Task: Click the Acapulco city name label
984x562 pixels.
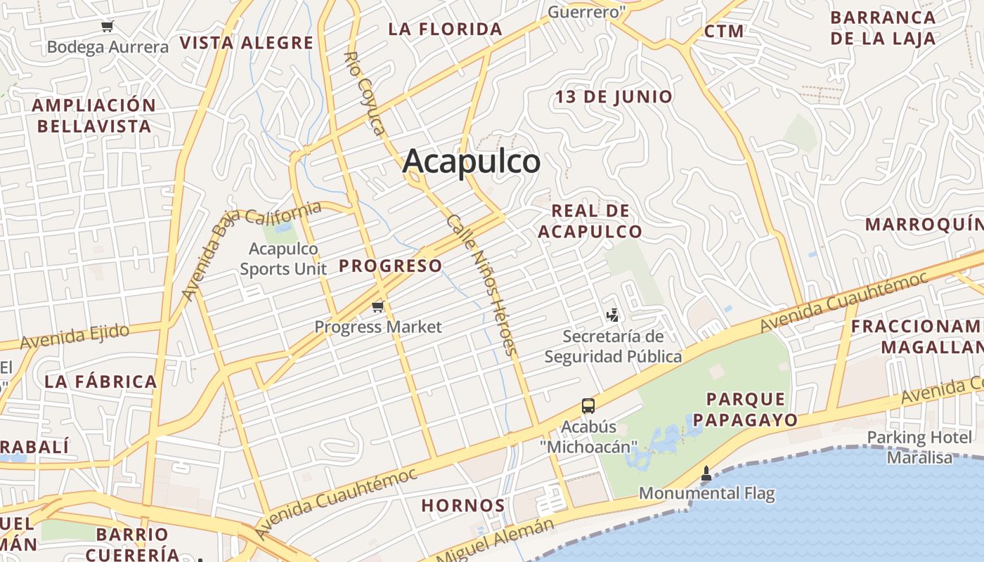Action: coord(472,161)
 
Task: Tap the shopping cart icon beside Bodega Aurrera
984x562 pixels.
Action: coord(107,27)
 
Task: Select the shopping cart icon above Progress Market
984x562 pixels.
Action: coord(378,306)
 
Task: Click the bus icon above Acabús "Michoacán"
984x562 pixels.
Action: coord(588,406)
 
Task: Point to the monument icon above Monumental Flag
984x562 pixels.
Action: coord(706,474)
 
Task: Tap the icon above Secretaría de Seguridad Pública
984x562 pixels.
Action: coord(613,315)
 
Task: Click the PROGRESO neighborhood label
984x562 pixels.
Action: coord(391,266)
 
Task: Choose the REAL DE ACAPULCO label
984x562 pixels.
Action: coord(590,221)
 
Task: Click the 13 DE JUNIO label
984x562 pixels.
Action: coord(614,96)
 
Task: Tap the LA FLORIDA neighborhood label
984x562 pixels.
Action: coord(446,30)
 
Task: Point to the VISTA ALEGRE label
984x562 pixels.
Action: coord(246,43)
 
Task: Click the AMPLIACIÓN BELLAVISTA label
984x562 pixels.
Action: coord(94,116)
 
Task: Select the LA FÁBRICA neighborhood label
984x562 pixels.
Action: coord(101,381)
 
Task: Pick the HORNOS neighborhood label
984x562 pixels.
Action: coord(463,505)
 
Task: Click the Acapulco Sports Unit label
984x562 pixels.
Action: coord(284,259)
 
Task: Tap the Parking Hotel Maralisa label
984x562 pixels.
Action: coord(919,447)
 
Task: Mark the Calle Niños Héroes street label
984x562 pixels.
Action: coord(482,285)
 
